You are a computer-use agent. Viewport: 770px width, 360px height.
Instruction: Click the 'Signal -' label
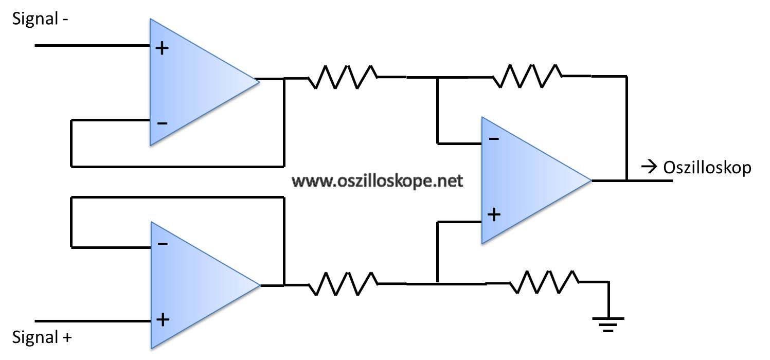40,19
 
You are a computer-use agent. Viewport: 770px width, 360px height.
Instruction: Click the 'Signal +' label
42,337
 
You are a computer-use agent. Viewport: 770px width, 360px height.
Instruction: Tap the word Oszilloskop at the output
707,168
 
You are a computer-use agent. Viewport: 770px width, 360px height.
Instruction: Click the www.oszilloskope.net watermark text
377,181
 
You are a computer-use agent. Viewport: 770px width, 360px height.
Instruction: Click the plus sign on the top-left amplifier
162,48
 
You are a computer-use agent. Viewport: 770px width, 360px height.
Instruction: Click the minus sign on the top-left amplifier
162,123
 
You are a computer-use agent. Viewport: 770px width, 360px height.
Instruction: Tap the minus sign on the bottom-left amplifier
163,244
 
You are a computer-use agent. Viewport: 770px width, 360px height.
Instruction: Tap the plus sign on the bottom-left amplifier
163,320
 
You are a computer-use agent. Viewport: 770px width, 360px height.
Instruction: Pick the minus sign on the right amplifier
494,139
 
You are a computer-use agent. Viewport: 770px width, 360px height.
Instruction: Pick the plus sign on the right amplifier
494,215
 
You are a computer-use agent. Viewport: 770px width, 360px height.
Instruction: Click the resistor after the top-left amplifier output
343,77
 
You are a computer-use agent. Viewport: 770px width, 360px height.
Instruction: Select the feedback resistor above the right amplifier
527,76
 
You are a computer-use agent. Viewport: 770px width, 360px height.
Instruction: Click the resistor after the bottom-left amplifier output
343,284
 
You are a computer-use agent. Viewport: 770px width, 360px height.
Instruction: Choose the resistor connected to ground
544,282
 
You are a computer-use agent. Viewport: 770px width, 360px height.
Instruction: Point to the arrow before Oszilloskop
649,168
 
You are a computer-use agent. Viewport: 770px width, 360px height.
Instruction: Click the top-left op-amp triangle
204,82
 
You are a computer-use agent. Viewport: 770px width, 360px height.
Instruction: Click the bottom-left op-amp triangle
205,285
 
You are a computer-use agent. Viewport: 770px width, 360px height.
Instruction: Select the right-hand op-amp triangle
536,180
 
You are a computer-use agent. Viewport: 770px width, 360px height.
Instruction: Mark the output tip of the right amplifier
592,180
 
